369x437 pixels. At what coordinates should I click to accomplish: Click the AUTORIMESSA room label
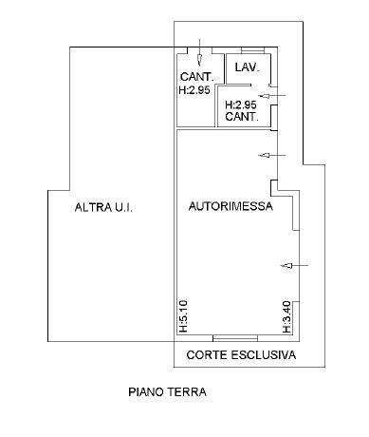click(x=231, y=206)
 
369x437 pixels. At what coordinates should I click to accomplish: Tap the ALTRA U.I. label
click(x=103, y=207)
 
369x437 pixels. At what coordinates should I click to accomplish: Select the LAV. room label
click(x=248, y=67)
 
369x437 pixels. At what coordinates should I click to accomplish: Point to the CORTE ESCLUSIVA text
click(x=241, y=355)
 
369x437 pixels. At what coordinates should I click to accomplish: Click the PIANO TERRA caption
click(x=167, y=392)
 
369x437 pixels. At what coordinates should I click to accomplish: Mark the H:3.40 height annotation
click(x=286, y=317)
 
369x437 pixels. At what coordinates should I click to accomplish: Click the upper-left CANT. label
click(x=197, y=77)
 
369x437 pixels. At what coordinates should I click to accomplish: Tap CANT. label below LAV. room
click(x=242, y=117)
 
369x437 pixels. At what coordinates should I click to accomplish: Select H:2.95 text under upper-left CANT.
click(x=194, y=90)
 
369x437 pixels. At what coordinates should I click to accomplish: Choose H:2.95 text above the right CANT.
click(x=241, y=104)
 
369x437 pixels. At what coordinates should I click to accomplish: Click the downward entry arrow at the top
click(x=199, y=52)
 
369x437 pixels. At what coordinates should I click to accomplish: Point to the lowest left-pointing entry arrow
click(x=294, y=266)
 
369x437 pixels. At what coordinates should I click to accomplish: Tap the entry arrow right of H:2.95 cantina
click(x=272, y=96)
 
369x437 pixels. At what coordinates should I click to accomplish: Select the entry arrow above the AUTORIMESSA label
click(x=272, y=155)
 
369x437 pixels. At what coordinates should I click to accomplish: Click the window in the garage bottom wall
click(x=235, y=338)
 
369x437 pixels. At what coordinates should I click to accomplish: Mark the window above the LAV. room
click(x=252, y=50)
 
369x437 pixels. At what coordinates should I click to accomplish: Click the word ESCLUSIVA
click(x=264, y=355)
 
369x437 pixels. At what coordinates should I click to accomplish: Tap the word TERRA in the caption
click(x=187, y=392)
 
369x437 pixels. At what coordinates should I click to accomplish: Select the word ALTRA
click(x=88, y=207)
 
